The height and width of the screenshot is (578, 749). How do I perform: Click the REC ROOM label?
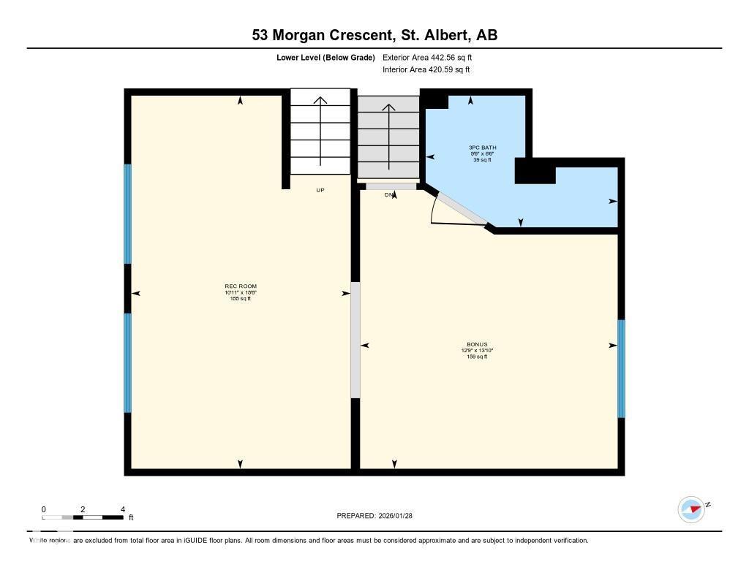click(x=241, y=286)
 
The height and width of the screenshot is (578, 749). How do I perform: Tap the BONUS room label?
click(x=477, y=345)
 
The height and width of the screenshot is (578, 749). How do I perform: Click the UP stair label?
click(x=320, y=190)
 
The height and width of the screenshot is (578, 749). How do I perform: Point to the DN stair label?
click(x=389, y=194)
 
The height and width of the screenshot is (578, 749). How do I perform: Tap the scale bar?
click(x=83, y=517)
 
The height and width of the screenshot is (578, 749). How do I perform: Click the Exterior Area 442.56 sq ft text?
click(x=432, y=57)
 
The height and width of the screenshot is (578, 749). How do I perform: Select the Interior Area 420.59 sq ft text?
click(x=426, y=70)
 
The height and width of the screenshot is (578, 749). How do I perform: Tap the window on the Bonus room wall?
click(x=621, y=368)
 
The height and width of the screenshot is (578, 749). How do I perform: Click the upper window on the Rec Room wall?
click(x=127, y=213)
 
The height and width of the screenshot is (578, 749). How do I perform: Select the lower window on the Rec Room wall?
click(x=127, y=362)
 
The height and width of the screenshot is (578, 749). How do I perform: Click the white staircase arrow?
click(x=320, y=132)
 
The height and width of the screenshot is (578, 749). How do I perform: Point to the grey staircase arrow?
click(x=388, y=139)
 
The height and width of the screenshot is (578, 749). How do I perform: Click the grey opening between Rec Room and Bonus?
click(x=355, y=340)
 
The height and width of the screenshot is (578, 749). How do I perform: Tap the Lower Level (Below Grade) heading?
click(x=325, y=57)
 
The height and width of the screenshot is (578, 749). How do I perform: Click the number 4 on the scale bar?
click(x=122, y=509)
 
